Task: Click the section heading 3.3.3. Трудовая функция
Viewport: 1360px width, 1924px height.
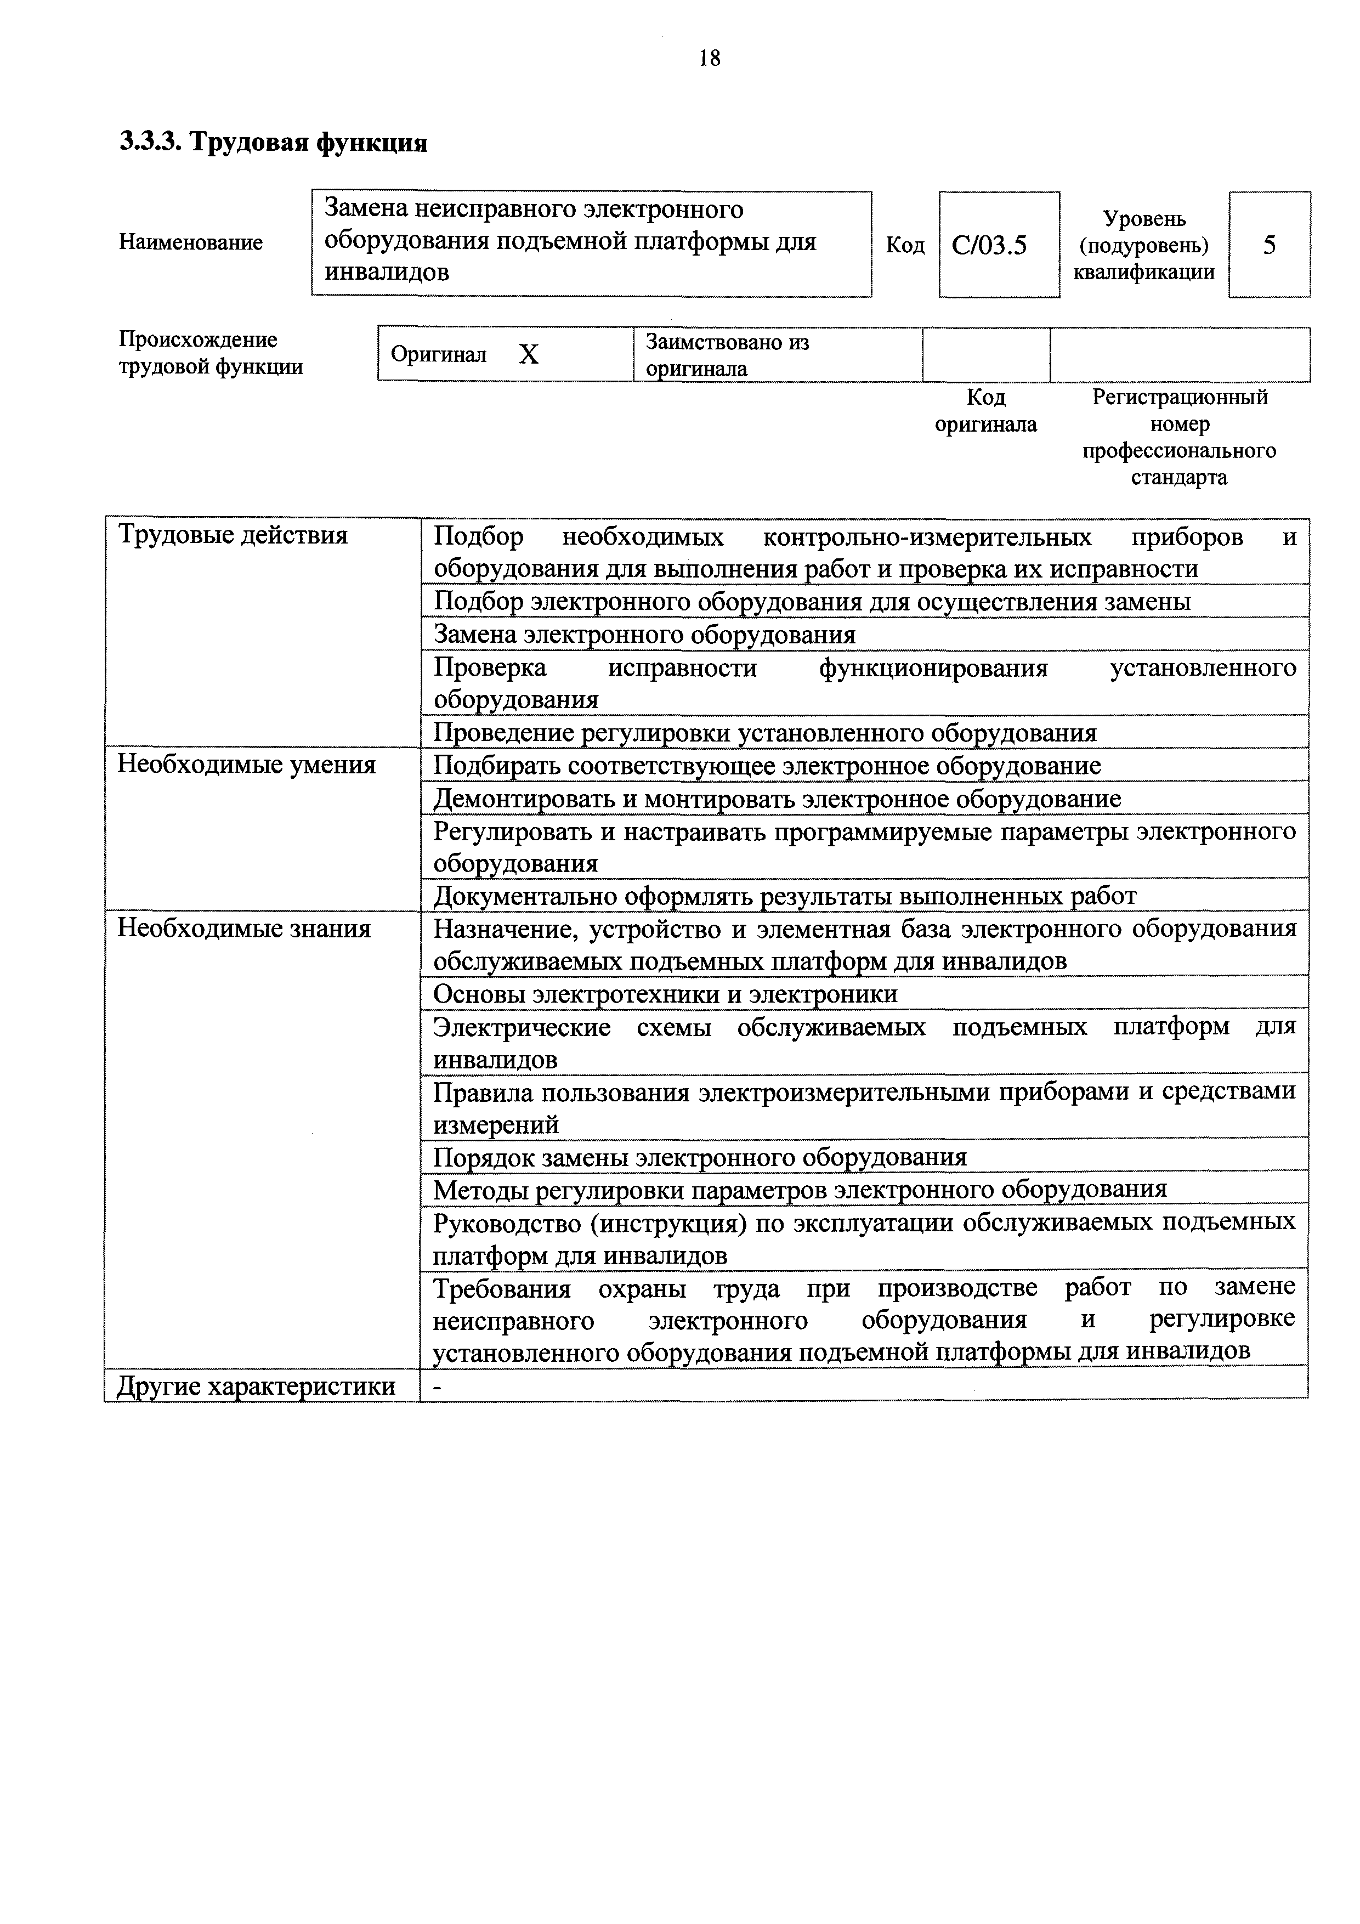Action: (273, 143)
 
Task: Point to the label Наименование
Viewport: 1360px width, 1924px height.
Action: (190, 242)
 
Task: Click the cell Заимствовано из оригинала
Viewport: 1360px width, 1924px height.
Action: (727, 354)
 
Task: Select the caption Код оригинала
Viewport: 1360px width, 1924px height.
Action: (985, 411)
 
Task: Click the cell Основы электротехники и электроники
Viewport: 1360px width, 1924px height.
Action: (665, 994)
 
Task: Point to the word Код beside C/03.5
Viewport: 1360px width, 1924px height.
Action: (905, 246)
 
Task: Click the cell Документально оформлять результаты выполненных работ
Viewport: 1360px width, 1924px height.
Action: (784, 896)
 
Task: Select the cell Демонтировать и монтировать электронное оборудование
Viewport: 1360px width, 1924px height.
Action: (776, 799)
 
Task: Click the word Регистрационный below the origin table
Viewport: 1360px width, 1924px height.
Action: (1179, 397)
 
